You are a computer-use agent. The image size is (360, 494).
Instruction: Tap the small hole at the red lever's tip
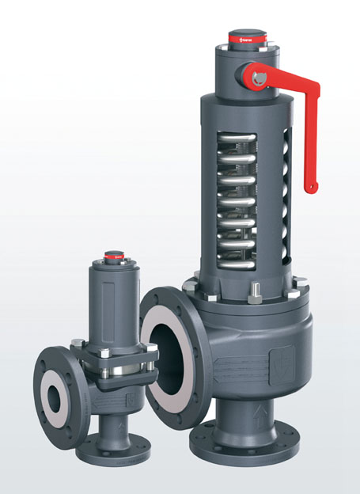point(314,187)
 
